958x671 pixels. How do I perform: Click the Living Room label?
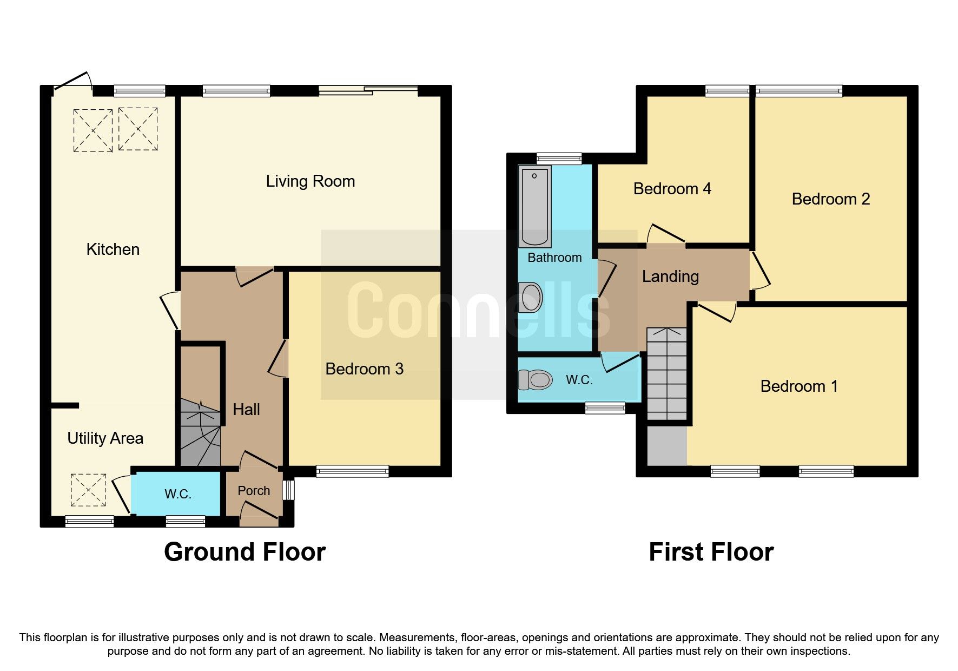pos(310,181)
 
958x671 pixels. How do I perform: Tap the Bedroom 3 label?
pos(364,369)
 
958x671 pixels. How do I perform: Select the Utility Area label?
pos(105,438)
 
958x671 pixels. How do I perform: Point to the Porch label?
pos(254,491)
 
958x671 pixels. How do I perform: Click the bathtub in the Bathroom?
pos(534,206)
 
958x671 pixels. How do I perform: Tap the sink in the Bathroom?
pos(531,298)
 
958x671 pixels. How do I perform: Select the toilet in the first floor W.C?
pos(535,379)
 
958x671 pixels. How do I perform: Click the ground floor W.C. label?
pos(177,494)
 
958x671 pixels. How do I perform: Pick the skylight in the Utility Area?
pos(88,490)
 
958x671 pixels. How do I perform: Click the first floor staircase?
pos(666,374)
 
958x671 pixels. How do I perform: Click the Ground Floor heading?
pos(245,552)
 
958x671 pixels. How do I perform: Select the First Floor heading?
pos(711,552)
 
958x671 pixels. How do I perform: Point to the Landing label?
pos(670,277)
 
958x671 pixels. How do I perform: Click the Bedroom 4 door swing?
pos(666,234)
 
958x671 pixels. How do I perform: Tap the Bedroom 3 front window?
pos(352,471)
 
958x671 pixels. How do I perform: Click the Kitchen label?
pos(113,249)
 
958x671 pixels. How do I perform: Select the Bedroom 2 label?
pos(830,199)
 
